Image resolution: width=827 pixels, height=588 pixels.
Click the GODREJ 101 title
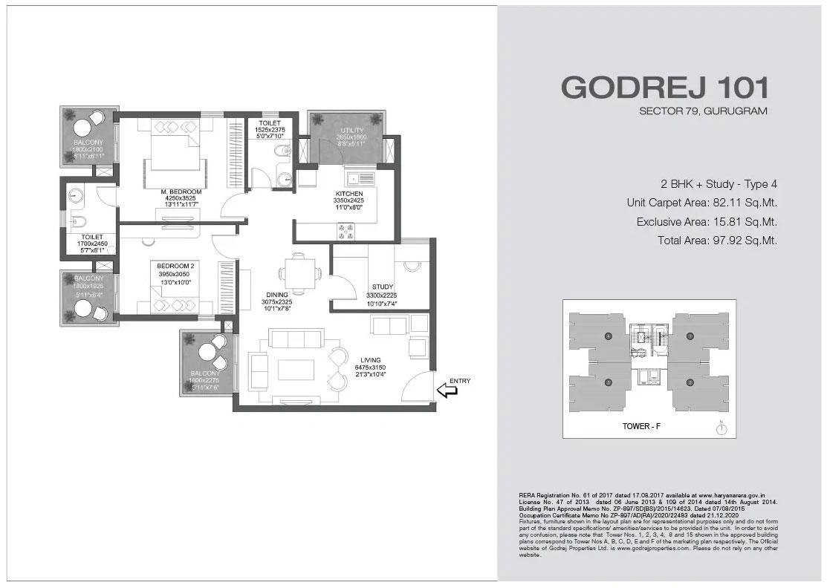pyautogui.click(x=665, y=88)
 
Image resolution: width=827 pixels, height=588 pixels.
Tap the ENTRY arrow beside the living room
pyautogui.click(x=448, y=389)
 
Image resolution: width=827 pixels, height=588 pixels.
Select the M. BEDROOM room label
pyautogui.click(x=181, y=192)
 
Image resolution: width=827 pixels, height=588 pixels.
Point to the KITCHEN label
pyautogui.click(x=348, y=193)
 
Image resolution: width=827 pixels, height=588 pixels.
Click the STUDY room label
pyautogui.click(x=383, y=287)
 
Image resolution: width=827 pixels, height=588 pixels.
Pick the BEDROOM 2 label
pyautogui.click(x=176, y=265)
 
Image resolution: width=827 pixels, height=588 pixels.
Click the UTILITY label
pyautogui.click(x=347, y=130)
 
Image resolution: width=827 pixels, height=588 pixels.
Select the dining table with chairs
pyautogui.click(x=298, y=272)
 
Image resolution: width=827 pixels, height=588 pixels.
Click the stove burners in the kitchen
pyautogui.click(x=347, y=231)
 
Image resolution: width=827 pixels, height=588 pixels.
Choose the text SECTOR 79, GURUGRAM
pyautogui.click(x=702, y=111)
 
